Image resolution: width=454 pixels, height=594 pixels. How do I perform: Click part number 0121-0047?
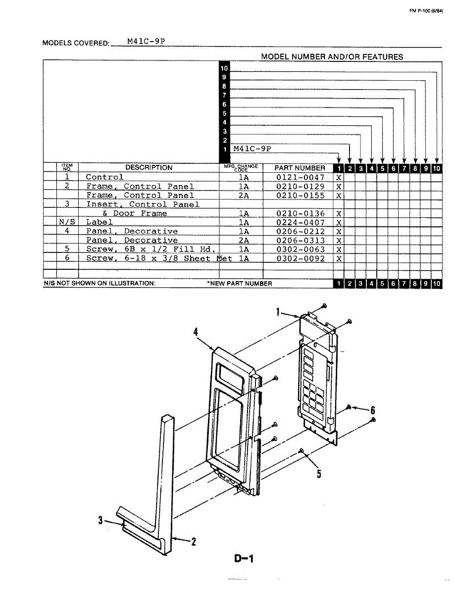pyautogui.click(x=300, y=177)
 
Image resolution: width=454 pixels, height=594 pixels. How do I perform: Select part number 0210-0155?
pyautogui.click(x=300, y=196)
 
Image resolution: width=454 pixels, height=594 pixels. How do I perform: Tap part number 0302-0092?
pyautogui.click(x=300, y=258)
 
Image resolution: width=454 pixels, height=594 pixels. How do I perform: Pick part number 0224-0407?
pyautogui.click(x=300, y=222)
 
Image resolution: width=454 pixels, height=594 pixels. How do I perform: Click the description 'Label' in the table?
pyautogui.click(x=99, y=222)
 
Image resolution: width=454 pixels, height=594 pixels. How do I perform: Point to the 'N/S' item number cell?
pyautogui.click(x=67, y=222)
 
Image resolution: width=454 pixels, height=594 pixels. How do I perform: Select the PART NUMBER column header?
pyautogui.click(x=300, y=168)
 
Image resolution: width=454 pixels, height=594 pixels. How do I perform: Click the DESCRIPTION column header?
pyautogui.click(x=149, y=168)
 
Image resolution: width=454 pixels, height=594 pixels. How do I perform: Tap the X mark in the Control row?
pyautogui.click(x=339, y=177)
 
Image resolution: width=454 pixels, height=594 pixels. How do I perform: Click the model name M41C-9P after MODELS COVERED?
pyautogui.click(x=146, y=42)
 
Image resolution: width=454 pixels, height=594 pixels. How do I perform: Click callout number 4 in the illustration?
pyautogui.click(x=196, y=334)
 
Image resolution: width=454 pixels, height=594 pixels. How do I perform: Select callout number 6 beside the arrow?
pyautogui.click(x=373, y=410)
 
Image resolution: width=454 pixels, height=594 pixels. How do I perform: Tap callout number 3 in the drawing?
pyautogui.click(x=101, y=520)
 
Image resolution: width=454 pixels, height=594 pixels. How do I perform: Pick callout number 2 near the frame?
pyautogui.click(x=193, y=542)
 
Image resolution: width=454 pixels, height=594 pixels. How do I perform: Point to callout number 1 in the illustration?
pyautogui.click(x=278, y=312)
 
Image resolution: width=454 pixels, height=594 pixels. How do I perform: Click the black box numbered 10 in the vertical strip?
pyautogui.click(x=224, y=68)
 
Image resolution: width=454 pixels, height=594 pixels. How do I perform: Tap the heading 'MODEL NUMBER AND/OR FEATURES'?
pyautogui.click(x=332, y=57)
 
